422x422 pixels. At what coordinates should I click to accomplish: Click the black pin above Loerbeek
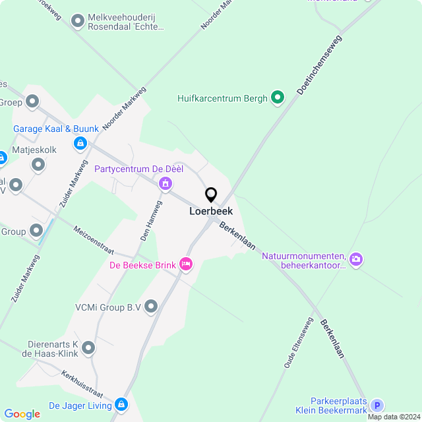[211, 195]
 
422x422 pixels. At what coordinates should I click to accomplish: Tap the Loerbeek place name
[211, 212]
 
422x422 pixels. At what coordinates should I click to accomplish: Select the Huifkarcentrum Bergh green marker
[278, 98]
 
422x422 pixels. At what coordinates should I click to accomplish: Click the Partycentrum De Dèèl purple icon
[166, 183]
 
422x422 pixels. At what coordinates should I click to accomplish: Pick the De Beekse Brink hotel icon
[187, 264]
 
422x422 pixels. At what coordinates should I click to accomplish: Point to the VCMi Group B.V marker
[151, 306]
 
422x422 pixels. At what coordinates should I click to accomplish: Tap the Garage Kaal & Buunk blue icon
[80, 142]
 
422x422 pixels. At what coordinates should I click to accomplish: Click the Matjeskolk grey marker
[38, 164]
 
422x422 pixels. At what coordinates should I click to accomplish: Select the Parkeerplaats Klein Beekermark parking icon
[377, 406]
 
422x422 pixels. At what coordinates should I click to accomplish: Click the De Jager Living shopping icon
[121, 404]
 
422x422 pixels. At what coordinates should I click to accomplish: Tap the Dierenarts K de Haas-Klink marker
[88, 347]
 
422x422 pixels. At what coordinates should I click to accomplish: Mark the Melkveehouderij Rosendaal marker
[78, 22]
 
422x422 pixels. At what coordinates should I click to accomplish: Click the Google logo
[22, 414]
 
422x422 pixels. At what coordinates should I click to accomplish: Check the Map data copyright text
[394, 417]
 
